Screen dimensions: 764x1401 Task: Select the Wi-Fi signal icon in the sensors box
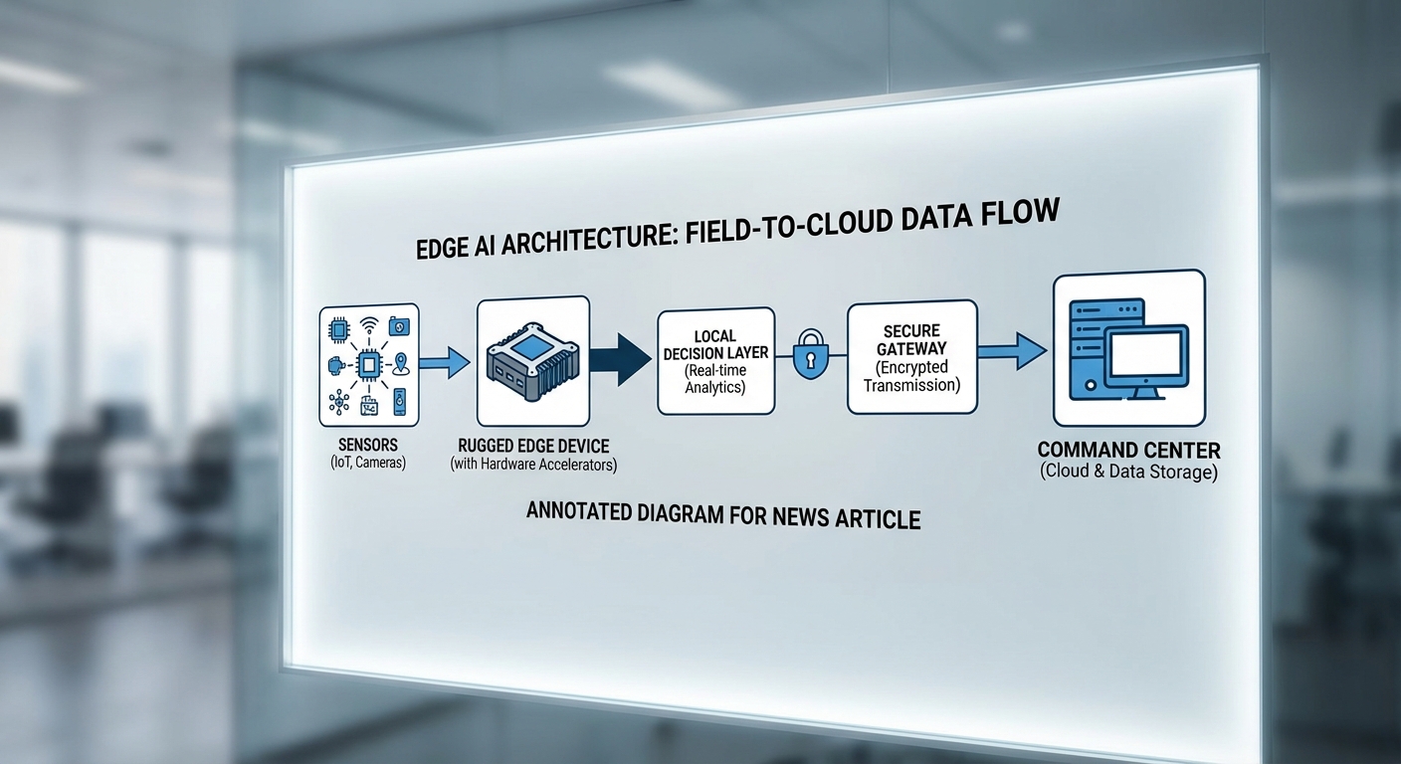click(x=368, y=325)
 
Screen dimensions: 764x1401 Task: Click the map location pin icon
click(x=401, y=363)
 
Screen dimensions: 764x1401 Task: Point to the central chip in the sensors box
click(x=367, y=364)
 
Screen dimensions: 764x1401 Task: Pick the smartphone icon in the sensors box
click(x=400, y=402)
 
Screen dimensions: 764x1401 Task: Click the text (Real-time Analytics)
click(x=715, y=379)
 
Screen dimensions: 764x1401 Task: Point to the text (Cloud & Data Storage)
click(x=1129, y=473)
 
